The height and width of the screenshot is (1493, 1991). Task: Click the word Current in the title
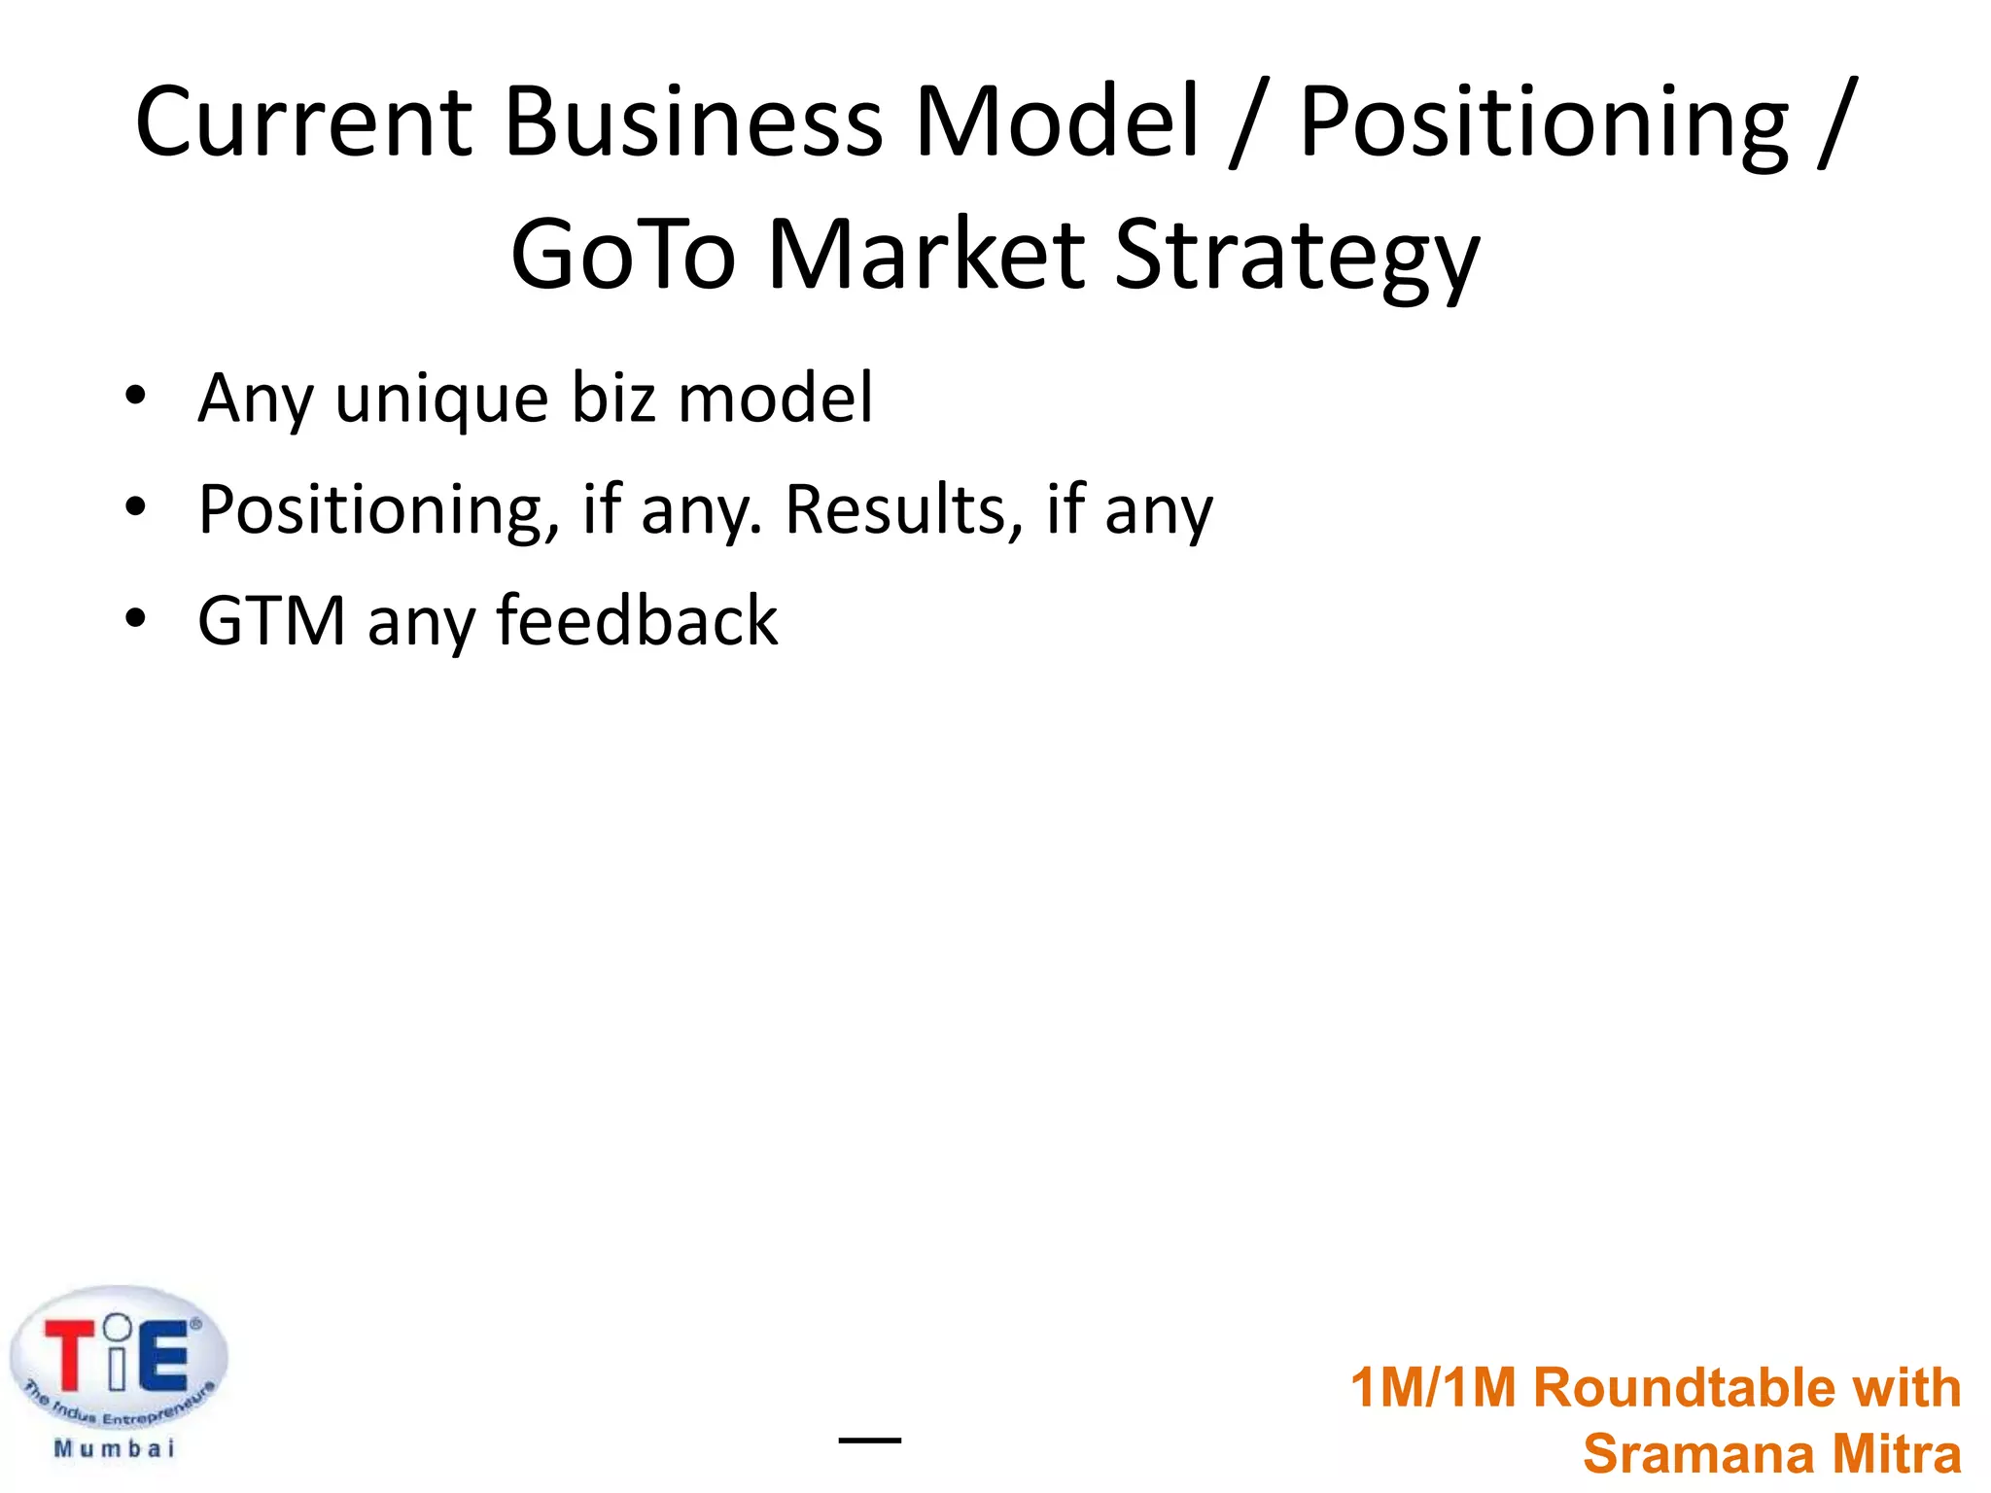(x=303, y=122)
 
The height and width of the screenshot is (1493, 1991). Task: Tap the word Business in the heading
(x=693, y=122)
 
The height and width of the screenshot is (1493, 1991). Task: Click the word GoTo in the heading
(x=623, y=255)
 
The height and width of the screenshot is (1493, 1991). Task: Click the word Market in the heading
(x=926, y=255)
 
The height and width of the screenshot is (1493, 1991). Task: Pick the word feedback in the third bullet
(x=637, y=620)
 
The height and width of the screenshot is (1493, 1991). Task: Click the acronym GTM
(x=271, y=621)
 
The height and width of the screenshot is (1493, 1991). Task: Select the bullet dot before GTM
(x=135, y=617)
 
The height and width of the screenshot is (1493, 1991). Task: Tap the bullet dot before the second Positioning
(x=135, y=506)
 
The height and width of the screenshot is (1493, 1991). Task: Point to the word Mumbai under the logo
(x=115, y=1449)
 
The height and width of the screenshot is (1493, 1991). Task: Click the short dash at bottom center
(x=869, y=1440)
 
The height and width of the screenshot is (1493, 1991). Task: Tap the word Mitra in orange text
(x=1897, y=1455)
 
